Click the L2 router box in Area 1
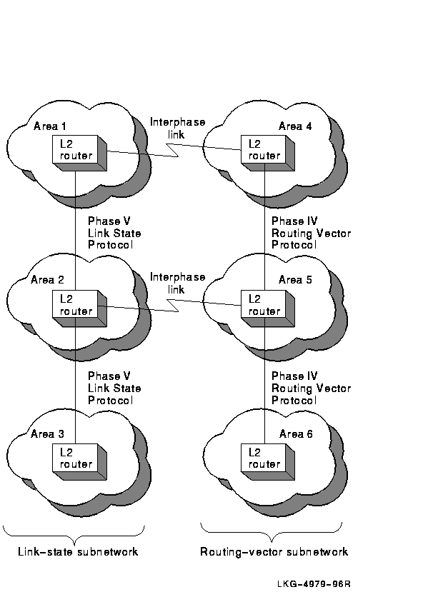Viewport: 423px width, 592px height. tap(80, 153)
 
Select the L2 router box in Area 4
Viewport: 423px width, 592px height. tap(268, 153)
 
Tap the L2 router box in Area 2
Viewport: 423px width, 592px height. tap(80, 308)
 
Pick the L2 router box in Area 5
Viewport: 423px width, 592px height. tap(268, 308)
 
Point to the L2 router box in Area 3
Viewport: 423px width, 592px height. tap(80, 462)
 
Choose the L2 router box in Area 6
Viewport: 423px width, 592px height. tap(268, 462)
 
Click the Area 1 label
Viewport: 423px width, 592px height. tap(49, 126)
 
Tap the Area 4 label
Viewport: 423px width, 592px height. tap(295, 126)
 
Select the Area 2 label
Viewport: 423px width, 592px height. tap(48, 280)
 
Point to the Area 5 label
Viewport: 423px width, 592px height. tap(295, 280)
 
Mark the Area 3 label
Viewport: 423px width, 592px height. tap(48, 433)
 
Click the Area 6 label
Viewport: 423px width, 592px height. tap(296, 433)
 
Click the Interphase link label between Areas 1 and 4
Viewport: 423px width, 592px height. tap(177, 128)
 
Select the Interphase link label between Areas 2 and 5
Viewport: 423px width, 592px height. tap(177, 284)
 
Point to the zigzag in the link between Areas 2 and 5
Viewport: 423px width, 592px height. tap(173, 305)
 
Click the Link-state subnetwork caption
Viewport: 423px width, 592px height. tap(78, 551)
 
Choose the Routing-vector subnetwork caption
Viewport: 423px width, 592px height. tap(274, 552)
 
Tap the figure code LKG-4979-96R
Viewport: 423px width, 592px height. tap(314, 583)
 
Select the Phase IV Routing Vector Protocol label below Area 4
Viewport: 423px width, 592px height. tap(312, 233)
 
